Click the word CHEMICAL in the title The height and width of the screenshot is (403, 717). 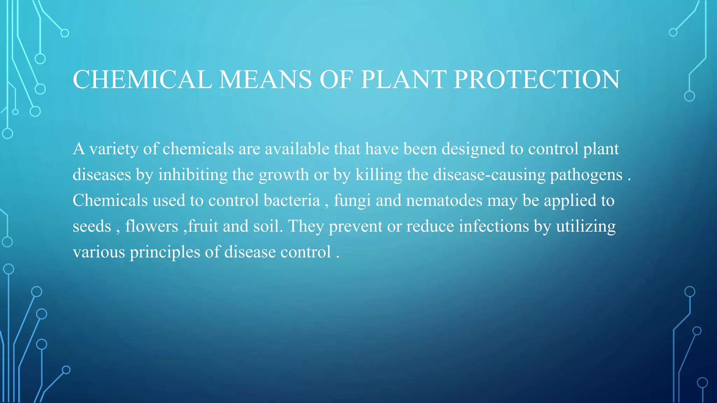(x=142, y=79)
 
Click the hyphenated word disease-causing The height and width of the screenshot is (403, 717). (x=489, y=175)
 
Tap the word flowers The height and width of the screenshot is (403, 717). (x=152, y=226)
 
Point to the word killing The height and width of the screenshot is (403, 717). (x=379, y=175)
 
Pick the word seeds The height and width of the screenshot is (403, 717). (x=92, y=226)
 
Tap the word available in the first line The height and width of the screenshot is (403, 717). (x=297, y=149)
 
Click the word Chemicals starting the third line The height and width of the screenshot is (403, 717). (x=110, y=200)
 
